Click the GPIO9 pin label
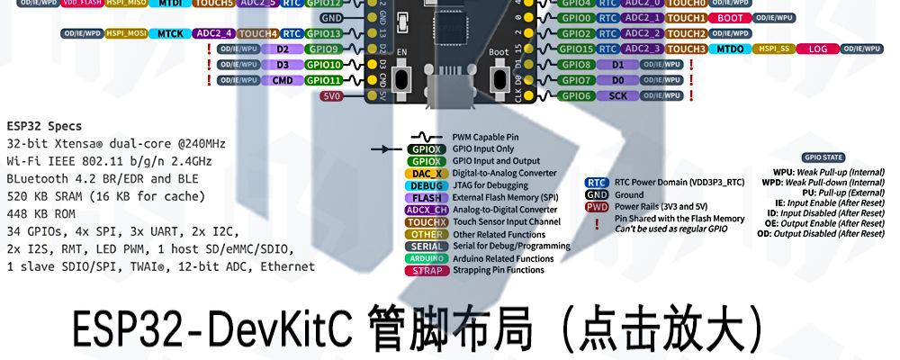[322, 49]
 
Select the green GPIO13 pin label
[322, 33]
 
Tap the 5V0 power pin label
[331, 95]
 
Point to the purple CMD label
[282, 80]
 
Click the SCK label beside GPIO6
[617, 95]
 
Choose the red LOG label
[817, 49]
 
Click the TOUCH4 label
[259, 33]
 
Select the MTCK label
[170, 33]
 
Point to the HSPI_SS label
[773, 49]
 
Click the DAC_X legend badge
[425, 173]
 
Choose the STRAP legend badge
[425, 270]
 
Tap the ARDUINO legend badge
[425, 258]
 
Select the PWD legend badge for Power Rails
[597, 206]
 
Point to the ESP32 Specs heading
[44, 126]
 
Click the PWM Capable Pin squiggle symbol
[425, 137]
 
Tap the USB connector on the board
[448, 90]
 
